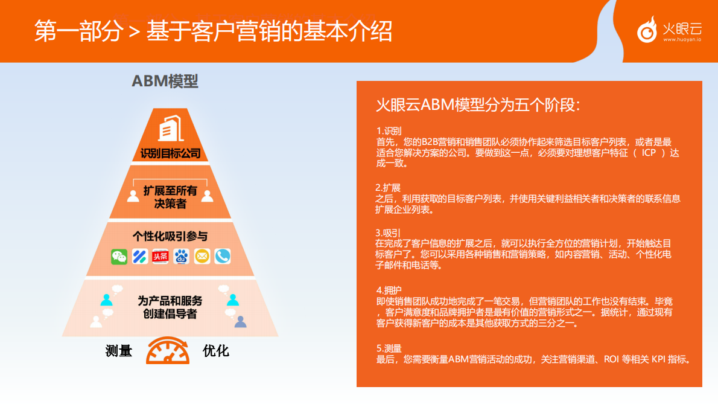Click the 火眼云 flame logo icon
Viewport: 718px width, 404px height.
647,30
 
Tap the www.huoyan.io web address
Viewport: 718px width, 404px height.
682,40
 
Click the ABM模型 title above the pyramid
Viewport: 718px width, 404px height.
165,81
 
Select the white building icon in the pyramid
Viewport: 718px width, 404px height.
170,129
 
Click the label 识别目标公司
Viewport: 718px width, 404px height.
170,153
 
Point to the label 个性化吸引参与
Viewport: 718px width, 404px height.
170,236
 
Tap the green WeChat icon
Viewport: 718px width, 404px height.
119,257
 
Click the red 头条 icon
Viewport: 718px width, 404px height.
160,257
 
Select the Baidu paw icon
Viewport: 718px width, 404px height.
181,257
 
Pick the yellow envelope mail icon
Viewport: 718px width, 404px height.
202,257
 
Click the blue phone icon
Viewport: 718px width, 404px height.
223,257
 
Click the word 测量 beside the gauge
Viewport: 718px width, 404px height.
118,351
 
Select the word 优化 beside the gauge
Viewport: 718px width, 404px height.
216,351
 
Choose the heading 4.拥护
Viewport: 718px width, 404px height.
389,290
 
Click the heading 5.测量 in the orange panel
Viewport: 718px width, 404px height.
389,348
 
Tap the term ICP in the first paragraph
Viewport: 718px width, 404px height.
649,152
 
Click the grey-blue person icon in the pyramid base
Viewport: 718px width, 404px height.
240,321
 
